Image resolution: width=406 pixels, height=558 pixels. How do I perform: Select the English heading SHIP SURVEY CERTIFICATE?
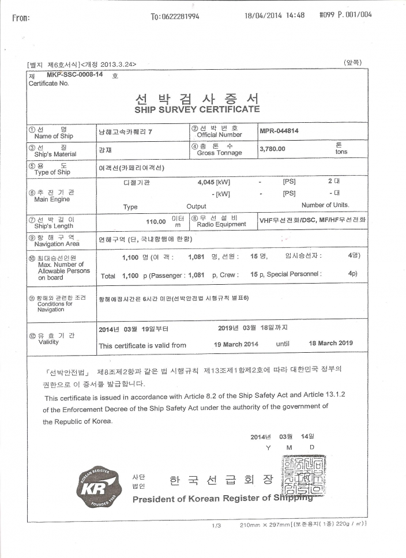pos(197,109)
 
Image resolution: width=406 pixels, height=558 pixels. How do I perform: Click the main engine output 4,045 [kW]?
pos(213,182)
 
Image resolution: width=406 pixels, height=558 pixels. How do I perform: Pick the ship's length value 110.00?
pos(159,221)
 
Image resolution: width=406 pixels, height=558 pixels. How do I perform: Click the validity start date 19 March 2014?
pos(236,344)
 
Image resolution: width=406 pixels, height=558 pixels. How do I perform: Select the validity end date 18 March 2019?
pos(331,343)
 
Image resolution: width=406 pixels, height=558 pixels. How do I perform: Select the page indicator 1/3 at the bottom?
pos(217,525)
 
